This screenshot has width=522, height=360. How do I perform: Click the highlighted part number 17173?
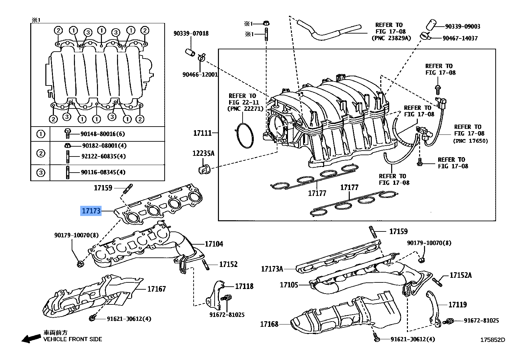tap(91, 211)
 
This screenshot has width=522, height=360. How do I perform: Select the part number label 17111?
tap(202, 133)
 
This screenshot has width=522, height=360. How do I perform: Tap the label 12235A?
tap(203, 153)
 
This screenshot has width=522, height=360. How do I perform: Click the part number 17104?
tap(214, 244)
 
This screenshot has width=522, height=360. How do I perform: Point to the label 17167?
tap(156, 289)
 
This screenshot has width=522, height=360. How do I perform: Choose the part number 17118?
tap(244, 286)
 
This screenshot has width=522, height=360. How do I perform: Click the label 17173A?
tap(272, 269)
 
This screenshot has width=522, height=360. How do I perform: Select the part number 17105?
tap(289, 285)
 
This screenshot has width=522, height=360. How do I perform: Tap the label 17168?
tap(269, 324)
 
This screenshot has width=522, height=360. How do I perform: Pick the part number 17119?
tap(458, 305)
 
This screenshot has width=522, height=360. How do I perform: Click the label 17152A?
tap(461, 275)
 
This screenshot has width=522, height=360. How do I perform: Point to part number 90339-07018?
tap(191, 34)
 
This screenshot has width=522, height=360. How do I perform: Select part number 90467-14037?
tap(460, 38)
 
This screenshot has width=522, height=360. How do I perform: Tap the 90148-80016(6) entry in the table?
tap(103, 134)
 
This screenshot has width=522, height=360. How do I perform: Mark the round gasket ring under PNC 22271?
tap(245, 135)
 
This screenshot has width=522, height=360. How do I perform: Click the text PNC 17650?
tap(470, 141)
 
